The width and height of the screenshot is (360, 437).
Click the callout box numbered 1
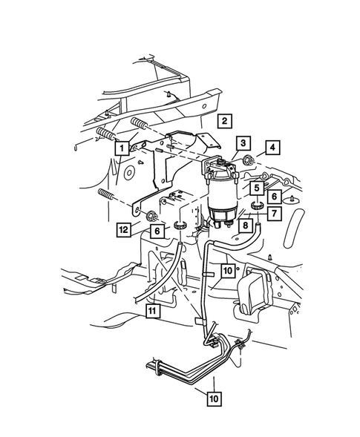pyautogui.click(x=119, y=148)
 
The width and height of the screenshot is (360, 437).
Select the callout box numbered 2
pyautogui.click(x=224, y=119)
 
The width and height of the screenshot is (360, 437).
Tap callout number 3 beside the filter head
pyautogui.click(x=243, y=142)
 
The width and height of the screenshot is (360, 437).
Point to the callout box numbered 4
pyautogui.click(x=273, y=148)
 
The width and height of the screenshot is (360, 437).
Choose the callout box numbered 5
pyautogui.click(x=255, y=188)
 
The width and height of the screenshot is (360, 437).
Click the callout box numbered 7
pyautogui.click(x=273, y=214)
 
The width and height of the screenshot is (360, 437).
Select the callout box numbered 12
pyautogui.click(x=122, y=229)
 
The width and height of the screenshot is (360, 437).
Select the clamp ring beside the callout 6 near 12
pyautogui.click(x=180, y=224)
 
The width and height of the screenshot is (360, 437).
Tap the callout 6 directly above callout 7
pyautogui.click(x=273, y=196)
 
